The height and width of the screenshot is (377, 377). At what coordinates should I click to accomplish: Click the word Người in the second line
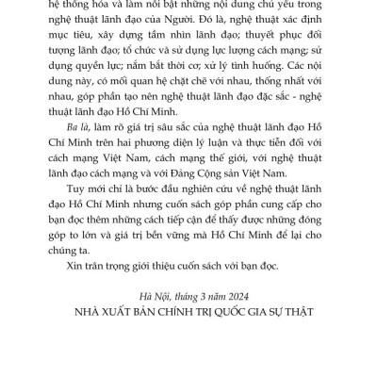[x=208, y=25]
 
